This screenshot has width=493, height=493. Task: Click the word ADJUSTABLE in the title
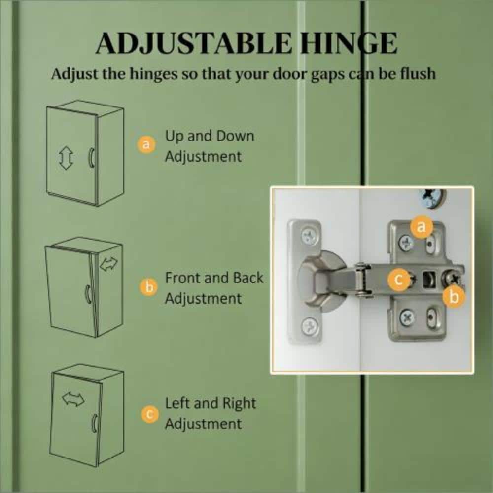(x=194, y=43)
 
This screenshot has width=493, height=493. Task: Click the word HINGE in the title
(x=348, y=43)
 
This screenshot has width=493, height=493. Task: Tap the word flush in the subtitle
(x=418, y=74)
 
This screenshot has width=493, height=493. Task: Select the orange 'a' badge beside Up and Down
(x=146, y=145)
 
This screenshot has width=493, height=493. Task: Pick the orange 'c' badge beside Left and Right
(x=150, y=415)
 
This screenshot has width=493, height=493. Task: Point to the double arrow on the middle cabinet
(x=108, y=264)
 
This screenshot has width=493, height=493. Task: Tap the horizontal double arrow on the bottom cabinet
(x=73, y=399)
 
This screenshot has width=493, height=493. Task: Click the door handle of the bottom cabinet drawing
(x=94, y=423)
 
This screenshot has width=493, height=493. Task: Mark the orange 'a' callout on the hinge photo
(x=422, y=226)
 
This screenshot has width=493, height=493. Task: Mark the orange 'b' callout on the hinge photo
(x=454, y=297)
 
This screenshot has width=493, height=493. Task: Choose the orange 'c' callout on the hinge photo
(x=398, y=280)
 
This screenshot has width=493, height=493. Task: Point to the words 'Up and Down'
(x=210, y=136)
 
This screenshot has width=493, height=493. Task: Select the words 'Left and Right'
(x=211, y=403)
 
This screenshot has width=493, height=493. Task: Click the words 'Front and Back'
(x=214, y=278)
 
